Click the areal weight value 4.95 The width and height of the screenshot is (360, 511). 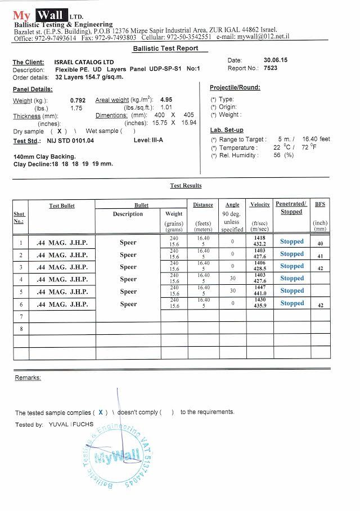166,99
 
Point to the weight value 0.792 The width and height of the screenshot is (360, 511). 78,100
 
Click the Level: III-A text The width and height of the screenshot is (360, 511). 150,140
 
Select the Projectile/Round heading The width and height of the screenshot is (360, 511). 235,88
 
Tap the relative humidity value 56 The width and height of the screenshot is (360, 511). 277,155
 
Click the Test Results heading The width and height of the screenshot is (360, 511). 186,186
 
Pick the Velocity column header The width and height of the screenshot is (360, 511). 260,204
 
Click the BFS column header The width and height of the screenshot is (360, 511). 320,204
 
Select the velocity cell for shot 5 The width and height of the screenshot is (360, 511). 260,291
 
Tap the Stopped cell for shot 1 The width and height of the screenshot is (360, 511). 292,241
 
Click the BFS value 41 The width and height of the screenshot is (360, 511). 320,255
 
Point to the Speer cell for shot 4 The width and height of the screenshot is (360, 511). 128,279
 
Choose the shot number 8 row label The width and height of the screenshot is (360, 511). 21,329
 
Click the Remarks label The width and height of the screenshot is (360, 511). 28,377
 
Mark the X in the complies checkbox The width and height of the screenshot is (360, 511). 101,412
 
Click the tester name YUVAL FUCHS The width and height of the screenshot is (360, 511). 71,424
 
